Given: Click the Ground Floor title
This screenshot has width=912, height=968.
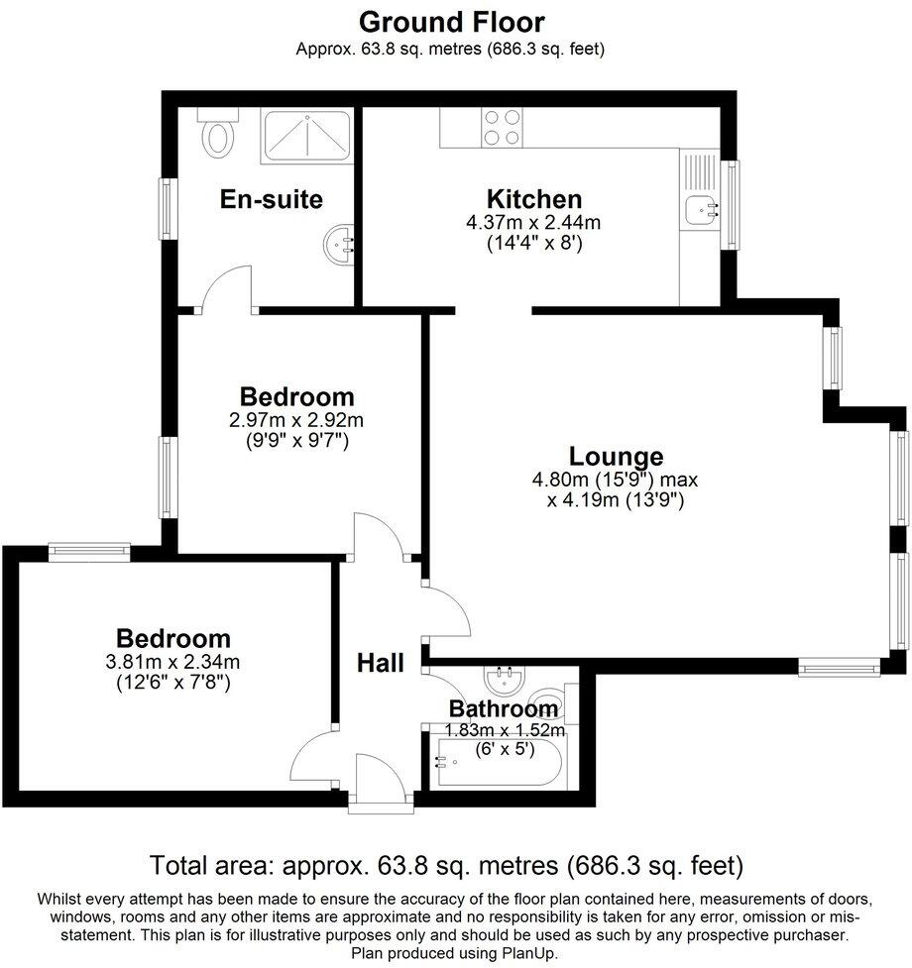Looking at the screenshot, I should [451, 21].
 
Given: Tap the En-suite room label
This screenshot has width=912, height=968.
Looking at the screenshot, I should [271, 199].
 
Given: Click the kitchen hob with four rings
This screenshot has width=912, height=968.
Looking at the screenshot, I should [502, 128].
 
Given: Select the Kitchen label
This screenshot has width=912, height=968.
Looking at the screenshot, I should [533, 198].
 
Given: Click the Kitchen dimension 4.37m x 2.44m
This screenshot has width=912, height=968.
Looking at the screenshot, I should [533, 223].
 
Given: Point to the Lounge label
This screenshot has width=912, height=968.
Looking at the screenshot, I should [616, 457].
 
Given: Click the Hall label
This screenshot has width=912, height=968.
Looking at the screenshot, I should [381, 662].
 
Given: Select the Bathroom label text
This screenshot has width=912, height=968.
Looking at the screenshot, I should [504, 709].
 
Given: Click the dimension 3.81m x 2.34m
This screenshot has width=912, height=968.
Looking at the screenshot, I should [173, 662].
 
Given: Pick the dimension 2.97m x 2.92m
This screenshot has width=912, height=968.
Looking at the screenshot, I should [296, 419].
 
